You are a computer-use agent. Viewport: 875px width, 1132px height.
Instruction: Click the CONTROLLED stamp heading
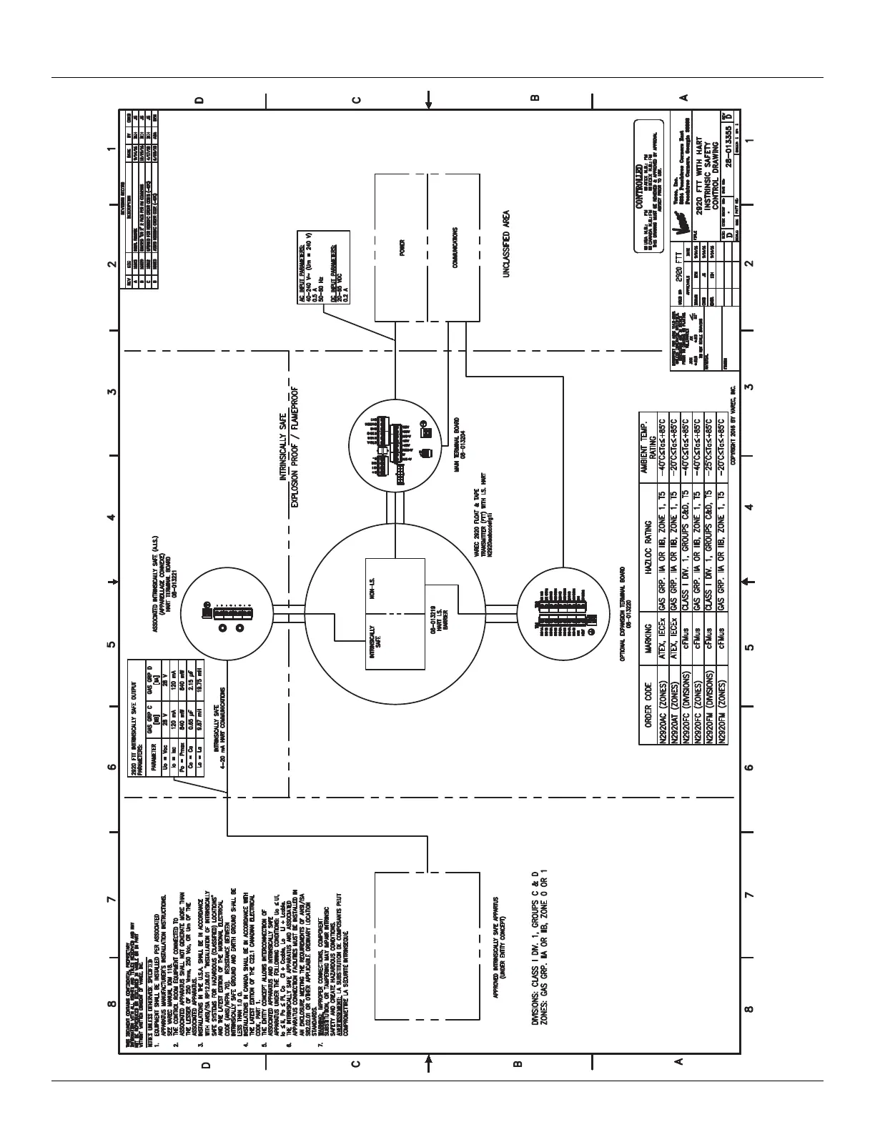pos(638,172)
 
